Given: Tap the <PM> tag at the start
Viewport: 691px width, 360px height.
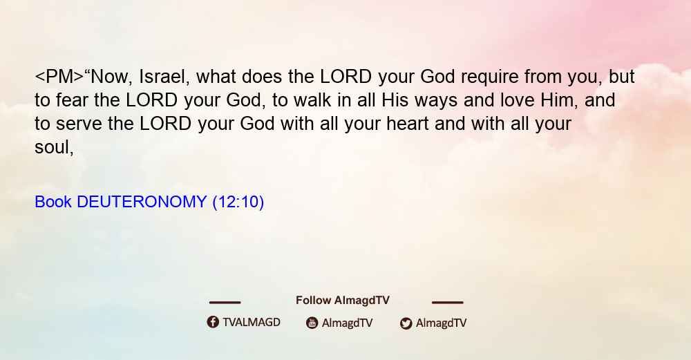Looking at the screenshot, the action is [x=59, y=77].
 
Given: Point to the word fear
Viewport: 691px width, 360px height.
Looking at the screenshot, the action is [x=72, y=100].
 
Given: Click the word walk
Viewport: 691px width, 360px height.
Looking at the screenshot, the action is [x=312, y=100].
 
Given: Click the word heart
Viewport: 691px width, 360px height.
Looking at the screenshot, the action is [x=408, y=124].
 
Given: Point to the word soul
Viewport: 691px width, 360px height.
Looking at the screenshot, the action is [x=52, y=147].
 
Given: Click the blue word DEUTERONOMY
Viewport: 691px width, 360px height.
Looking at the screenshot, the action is [x=142, y=202].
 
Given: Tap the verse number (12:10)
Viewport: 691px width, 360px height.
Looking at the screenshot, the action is [x=238, y=202].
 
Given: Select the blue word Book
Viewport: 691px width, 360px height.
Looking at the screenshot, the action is [x=53, y=202].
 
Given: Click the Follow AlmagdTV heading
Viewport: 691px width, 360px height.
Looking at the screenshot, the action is [x=343, y=301].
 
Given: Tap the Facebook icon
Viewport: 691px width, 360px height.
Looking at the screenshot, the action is [x=213, y=322].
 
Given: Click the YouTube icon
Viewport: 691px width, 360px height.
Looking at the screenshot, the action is [x=312, y=323].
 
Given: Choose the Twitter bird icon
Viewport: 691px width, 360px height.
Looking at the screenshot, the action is [x=406, y=323].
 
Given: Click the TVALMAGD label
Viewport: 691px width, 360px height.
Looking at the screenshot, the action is [x=252, y=323].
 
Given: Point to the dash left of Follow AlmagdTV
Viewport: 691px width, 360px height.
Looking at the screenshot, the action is [x=225, y=303].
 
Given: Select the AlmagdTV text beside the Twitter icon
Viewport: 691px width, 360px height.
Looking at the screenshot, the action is [x=441, y=323].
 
